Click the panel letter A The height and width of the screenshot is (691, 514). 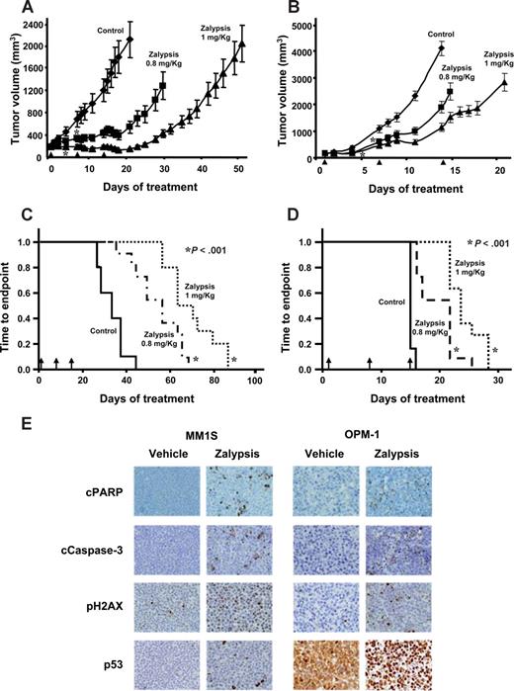(14, 9)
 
